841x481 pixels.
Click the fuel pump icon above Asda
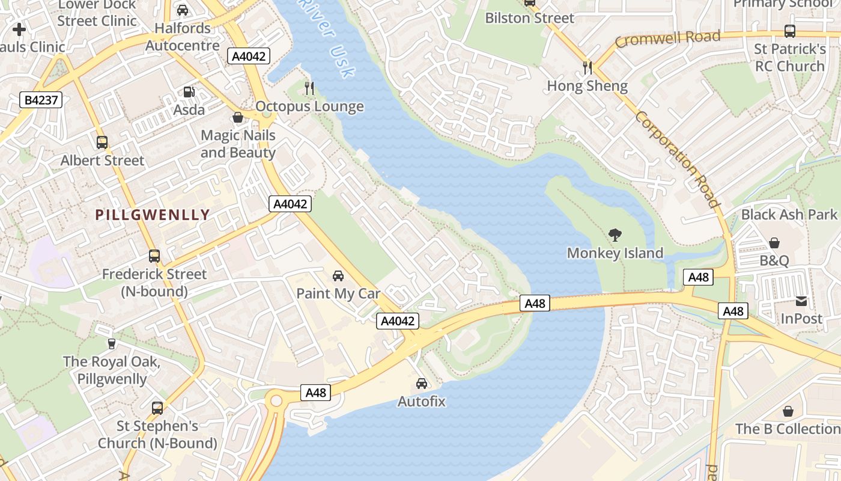click(x=189, y=92)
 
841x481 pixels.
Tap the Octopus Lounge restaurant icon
click(x=309, y=88)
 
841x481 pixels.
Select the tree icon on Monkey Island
click(x=615, y=235)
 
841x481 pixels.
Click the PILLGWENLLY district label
click(x=153, y=215)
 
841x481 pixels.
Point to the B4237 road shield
click(x=41, y=100)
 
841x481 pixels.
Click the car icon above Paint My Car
click(x=338, y=276)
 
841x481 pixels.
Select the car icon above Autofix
click(x=422, y=384)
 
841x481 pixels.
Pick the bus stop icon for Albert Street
click(x=102, y=142)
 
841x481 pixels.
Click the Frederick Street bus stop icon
click(x=154, y=256)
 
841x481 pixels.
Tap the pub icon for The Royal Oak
click(x=111, y=343)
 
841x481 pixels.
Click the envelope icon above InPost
click(x=801, y=301)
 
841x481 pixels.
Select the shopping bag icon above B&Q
click(x=774, y=243)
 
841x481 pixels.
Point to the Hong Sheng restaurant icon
click(x=587, y=67)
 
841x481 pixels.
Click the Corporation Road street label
click(x=677, y=159)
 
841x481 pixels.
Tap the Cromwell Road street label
click(x=667, y=39)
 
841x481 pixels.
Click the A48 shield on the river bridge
click(x=535, y=304)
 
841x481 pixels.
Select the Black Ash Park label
click(x=789, y=215)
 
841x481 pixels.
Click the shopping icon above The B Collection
click(x=788, y=411)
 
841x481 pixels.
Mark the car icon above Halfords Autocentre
click(x=183, y=10)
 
